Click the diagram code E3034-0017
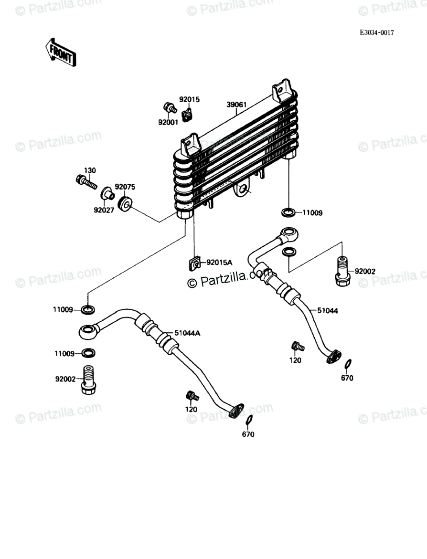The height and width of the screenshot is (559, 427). point(377,33)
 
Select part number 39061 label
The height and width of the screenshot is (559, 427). point(236,105)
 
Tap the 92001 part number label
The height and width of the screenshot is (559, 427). point(168,122)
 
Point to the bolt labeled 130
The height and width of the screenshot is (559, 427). point(86,181)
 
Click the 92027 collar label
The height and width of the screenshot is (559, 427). point(104,209)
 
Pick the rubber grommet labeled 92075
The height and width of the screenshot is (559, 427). point(126,205)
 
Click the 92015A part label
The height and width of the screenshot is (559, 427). point(219,262)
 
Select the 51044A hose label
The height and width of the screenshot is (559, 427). point(187,333)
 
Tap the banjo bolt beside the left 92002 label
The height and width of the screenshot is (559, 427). point(88,380)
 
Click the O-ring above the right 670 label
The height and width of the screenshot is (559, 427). point(348,365)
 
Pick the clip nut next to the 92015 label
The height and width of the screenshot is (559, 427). point(187,114)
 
